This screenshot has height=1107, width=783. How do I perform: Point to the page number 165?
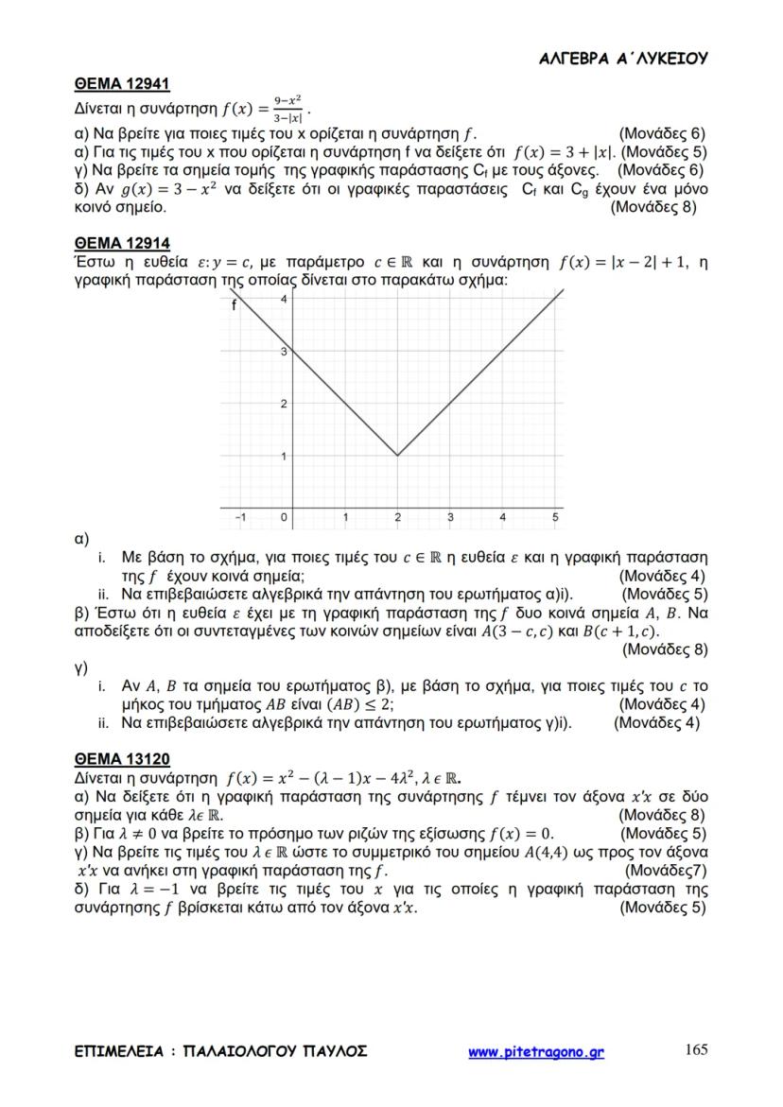coord(695,1050)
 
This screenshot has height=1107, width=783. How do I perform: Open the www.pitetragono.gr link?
coord(536,1051)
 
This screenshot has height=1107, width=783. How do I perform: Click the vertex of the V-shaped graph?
coord(397,455)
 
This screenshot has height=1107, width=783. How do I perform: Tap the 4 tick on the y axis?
coord(285,300)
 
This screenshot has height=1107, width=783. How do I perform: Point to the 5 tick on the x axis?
coord(555,517)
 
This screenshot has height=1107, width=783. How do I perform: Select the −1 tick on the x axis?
coord(239,517)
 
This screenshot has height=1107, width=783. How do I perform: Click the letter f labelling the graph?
coord(235,304)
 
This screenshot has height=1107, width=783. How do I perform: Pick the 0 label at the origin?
coord(283,517)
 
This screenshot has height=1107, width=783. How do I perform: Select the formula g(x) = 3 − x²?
coord(156,189)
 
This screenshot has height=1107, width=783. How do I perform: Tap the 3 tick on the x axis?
coord(450,517)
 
